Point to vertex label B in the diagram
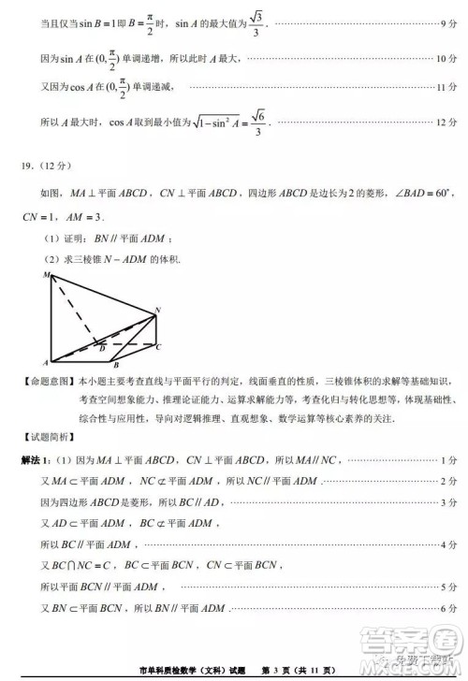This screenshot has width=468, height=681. pos(115,366)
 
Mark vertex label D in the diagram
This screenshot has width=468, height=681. pos(101,349)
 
